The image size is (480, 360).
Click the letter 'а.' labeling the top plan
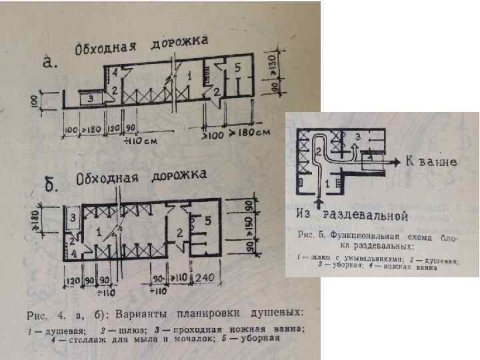coord(51,63)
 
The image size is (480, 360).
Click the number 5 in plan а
coord(238,68)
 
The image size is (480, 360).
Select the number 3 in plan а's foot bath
coord(91,98)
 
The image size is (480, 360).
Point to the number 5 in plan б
coord(209,219)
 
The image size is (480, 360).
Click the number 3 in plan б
coord(74,217)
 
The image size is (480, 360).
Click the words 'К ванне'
coord(430,161)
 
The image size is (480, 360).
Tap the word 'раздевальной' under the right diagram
coord(365,215)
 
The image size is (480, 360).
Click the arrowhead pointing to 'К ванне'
coord(395,161)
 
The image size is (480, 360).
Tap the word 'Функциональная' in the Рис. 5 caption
coord(359,237)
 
